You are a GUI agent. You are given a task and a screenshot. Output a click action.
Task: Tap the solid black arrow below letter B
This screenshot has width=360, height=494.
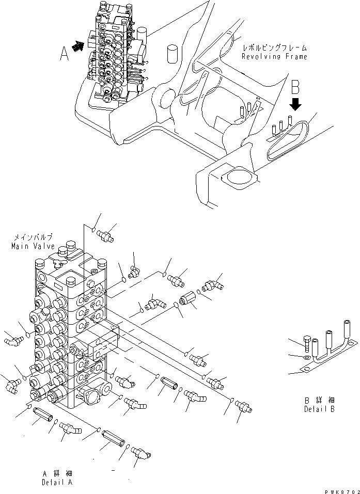[x=295, y=104]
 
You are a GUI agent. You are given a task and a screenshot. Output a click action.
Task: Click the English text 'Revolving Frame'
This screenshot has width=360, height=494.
[x=274, y=56]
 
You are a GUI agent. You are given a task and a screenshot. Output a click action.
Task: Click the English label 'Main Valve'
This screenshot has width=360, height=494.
[x=32, y=246]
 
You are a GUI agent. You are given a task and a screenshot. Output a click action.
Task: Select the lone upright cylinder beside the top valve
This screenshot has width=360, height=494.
[x=173, y=54]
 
